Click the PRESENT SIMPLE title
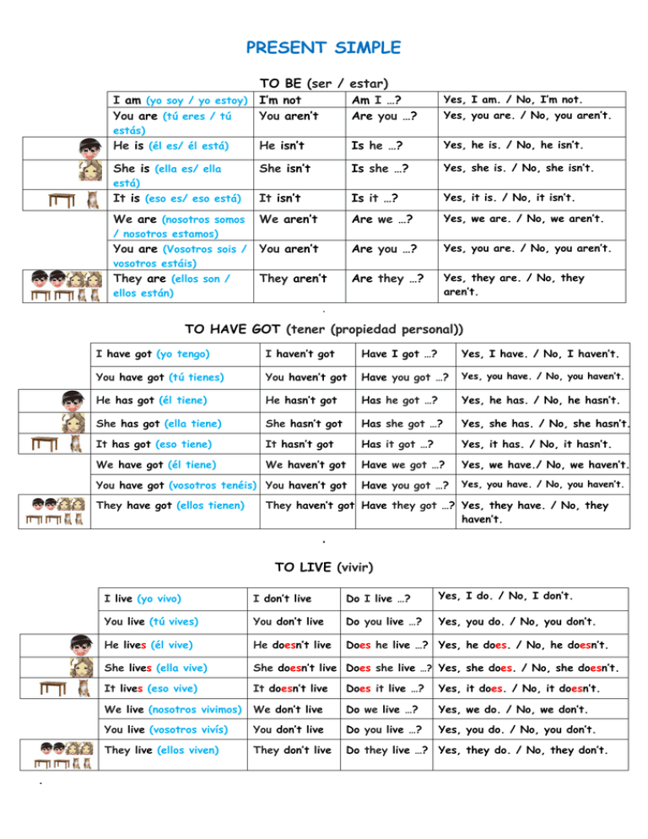coord(324,46)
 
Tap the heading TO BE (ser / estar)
coord(323,84)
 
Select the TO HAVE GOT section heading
coord(324,328)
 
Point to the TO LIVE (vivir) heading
coord(324,566)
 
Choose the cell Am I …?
coord(375,101)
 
